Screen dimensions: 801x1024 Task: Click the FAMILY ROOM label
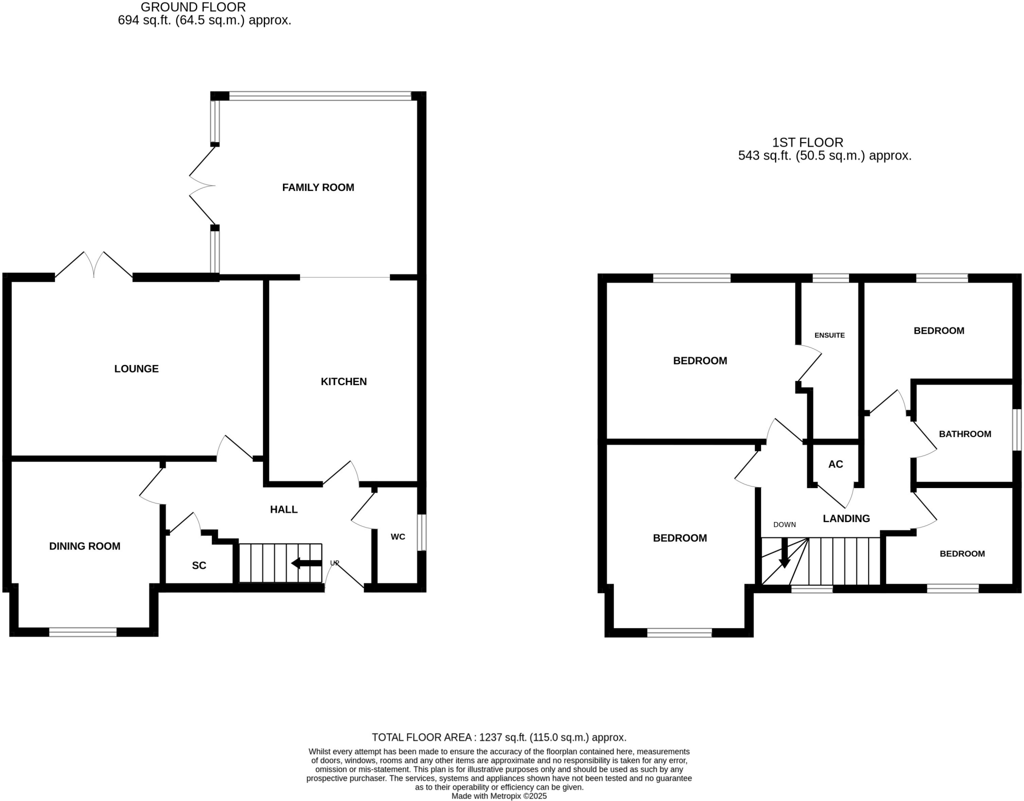pos(318,187)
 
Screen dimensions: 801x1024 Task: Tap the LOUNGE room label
pos(136,369)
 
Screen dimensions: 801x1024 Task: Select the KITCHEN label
pos(343,381)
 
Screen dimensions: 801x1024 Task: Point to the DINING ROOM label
pos(84,546)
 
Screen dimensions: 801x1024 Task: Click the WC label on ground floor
pos(398,537)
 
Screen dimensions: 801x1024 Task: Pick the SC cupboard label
pos(199,565)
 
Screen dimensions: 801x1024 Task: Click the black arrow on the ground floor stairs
pos(306,563)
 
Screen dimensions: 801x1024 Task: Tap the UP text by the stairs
pos(334,563)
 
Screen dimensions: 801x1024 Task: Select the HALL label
pos(283,509)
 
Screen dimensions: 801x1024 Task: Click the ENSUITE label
pos(829,335)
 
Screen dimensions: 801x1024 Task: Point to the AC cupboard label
pos(835,464)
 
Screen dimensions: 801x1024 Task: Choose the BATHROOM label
pos(964,434)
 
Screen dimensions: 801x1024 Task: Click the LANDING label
pos(846,518)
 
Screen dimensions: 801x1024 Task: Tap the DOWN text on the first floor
pos(784,524)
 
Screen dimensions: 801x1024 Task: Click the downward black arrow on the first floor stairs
pos(784,554)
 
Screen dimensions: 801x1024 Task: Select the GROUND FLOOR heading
pos(193,7)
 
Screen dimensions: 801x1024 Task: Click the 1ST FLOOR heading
pos(807,142)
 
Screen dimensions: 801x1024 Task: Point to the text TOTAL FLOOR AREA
pos(422,737)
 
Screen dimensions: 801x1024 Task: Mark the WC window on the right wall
pos(422,532)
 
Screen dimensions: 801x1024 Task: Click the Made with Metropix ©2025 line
pos(499,796)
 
